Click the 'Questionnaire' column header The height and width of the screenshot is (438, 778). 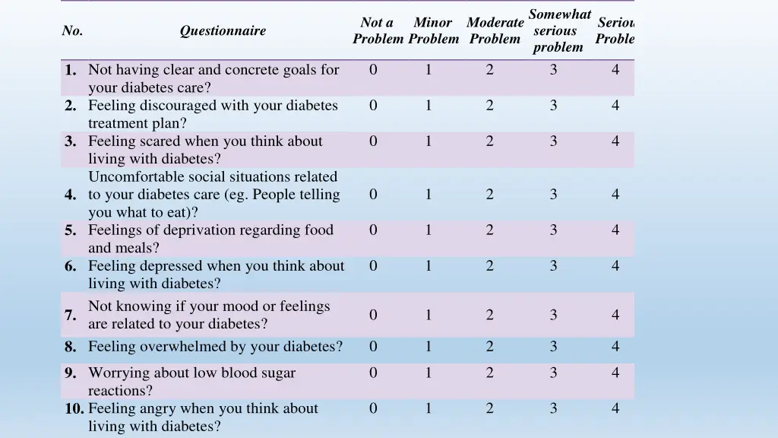223,31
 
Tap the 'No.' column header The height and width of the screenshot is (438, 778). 72,31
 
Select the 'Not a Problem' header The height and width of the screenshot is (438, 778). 378,31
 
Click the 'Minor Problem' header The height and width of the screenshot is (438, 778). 433,31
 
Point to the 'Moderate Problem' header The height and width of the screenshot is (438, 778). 495,31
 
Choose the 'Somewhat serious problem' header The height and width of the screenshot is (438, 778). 559,31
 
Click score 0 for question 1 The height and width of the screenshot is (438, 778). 373,70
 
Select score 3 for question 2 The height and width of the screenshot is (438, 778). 553,106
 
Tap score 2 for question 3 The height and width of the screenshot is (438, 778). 489,141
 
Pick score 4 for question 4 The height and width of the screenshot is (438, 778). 615,195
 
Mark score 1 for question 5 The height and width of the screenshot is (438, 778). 429,230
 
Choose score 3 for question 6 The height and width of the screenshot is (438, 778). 553,266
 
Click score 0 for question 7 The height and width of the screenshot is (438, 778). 373,315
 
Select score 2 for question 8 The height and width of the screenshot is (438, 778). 489,347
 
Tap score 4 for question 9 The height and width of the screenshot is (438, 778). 615,373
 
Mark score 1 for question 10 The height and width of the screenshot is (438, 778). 429,408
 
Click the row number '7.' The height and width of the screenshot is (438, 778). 71,315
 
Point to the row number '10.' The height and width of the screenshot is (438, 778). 74,408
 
